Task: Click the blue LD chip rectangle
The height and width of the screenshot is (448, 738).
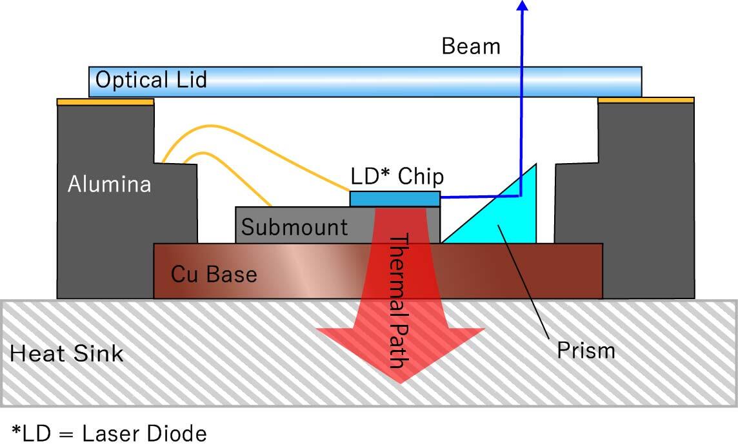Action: click(395, 199)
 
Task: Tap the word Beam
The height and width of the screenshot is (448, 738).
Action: click(471, 46)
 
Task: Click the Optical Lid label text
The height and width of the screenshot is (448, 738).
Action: click(152, 81)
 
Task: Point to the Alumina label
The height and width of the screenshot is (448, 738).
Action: click(110, 184)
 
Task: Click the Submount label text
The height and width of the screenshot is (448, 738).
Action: click(295, 227)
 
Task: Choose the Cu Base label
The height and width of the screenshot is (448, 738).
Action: click(214, 274)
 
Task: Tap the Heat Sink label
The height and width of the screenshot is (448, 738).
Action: click(67, 353)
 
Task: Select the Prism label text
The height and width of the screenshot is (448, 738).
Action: click(586, 351)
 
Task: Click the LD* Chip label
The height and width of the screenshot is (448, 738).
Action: click(397, 177)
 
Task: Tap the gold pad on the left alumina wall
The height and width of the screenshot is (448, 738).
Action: click(105, 102)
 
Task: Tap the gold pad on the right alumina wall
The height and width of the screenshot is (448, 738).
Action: click(646, 101)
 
